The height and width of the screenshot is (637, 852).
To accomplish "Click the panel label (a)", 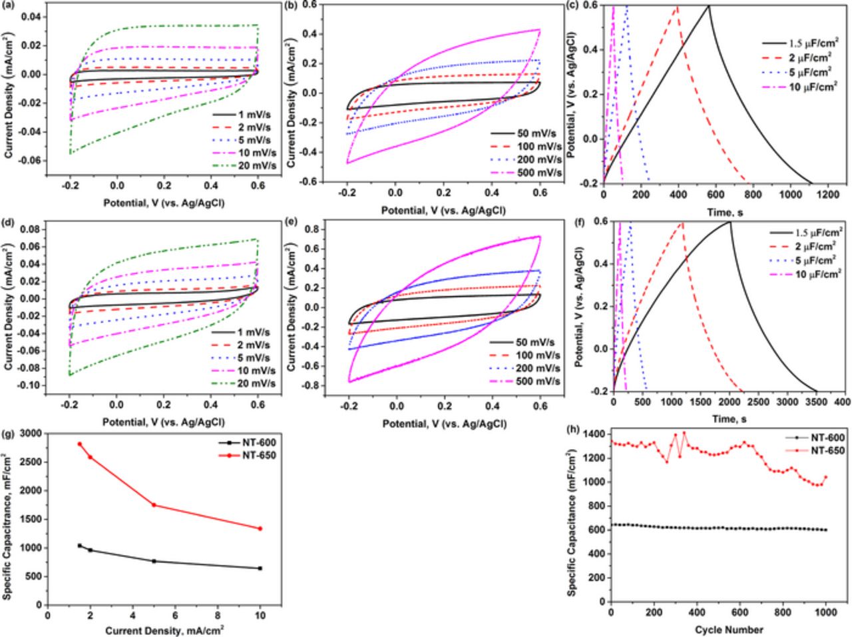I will pyautogui.click(x=8, y=5).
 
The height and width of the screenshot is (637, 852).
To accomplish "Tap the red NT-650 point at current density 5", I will pyautogui.click(x=154, y=504).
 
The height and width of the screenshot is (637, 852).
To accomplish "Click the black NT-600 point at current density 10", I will pyautogui.click(x=260, y=568).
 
